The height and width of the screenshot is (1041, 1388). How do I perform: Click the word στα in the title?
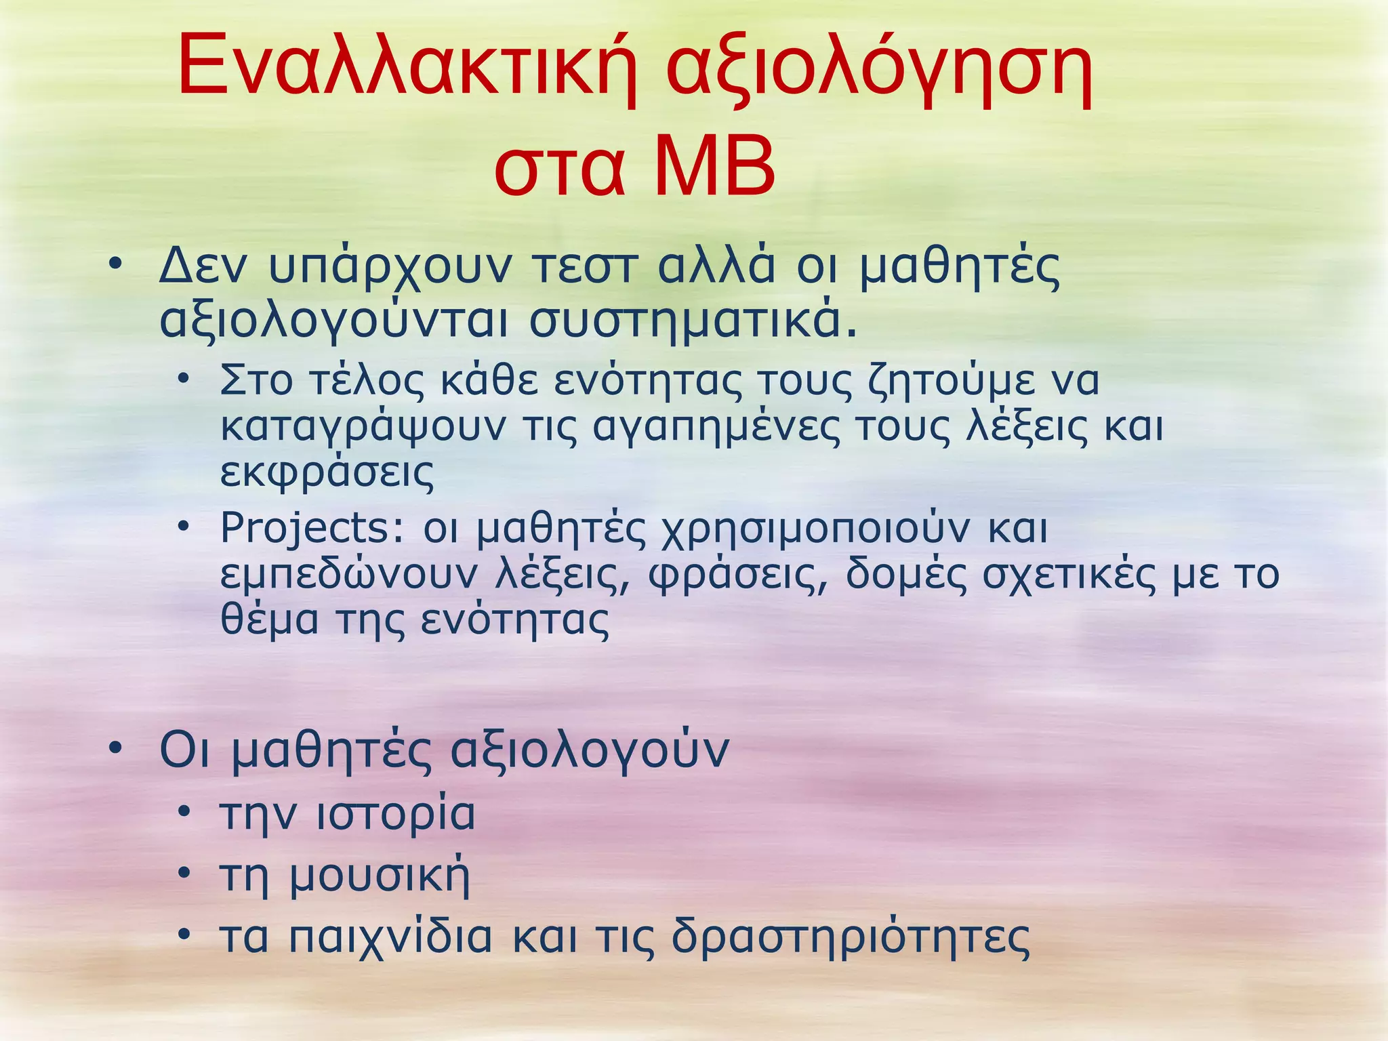click(558, 169)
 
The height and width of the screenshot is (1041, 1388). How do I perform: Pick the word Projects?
click(312, 529)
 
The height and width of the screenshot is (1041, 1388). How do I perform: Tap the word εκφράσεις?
click(327, 472)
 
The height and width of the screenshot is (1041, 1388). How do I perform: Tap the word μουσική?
click(380, 876)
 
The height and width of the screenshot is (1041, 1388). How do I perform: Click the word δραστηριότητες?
click(851, 938)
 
